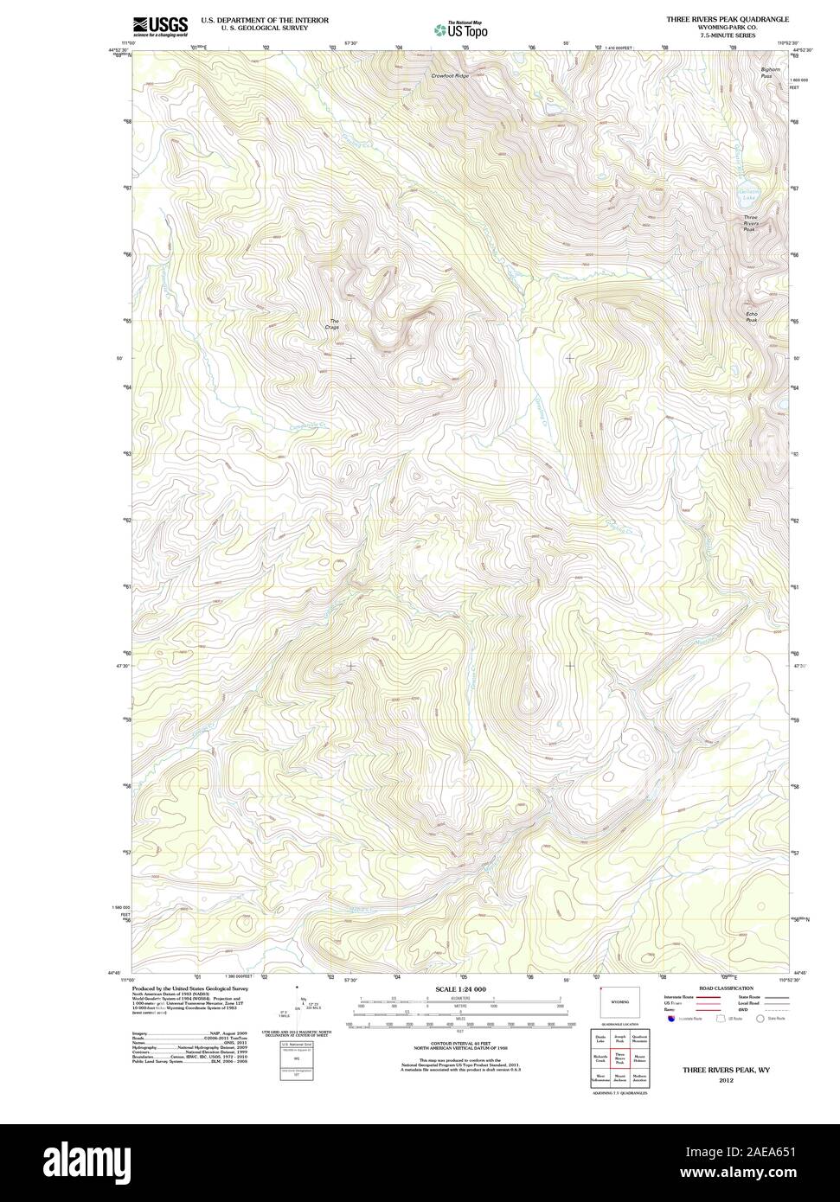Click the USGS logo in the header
(160, 26)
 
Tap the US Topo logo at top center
(461, 29)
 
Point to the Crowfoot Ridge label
(450, 77)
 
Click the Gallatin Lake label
(747, 195)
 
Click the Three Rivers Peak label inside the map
(750, 223)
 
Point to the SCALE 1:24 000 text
(460, 989)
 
